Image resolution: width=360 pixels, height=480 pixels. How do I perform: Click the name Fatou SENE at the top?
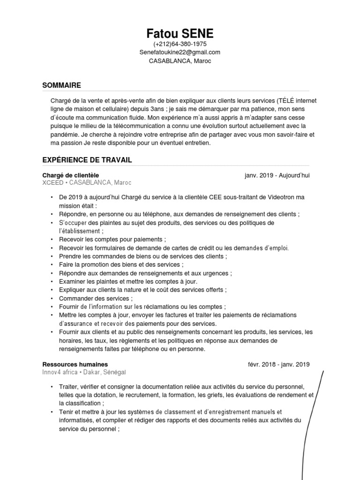pyautogui.click(x=180, y=34)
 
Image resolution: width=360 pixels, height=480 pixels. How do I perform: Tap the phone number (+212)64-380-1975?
pyautogui.click(x=180, y=44)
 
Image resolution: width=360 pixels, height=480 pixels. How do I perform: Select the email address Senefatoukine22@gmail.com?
pyautogui.click(x=180, y=52)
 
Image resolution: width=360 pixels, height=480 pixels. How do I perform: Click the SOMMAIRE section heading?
pyautogui.click(x=61, y=85)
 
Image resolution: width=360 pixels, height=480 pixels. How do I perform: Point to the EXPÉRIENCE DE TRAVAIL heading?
pyautogui.click(x=87, y=160)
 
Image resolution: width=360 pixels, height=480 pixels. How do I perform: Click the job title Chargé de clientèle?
pyautogui.click(x=71, y=175)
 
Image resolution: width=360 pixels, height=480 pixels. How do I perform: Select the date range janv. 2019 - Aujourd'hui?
pyautogui.click(x=277, y=175)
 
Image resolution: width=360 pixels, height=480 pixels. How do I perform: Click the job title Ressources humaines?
pyautogui.click(x=75, y=364)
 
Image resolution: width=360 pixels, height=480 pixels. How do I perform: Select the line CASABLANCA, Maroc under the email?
pyautogui.click(x=180, y=61)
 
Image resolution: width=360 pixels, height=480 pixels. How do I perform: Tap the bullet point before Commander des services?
pyautogui.click(x=52, y=299)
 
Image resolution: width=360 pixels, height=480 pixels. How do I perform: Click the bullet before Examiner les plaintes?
pyautogui.click(x=52, y=282)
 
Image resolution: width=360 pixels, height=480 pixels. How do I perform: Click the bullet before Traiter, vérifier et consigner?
pyautogui.click(x=52, y=387)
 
